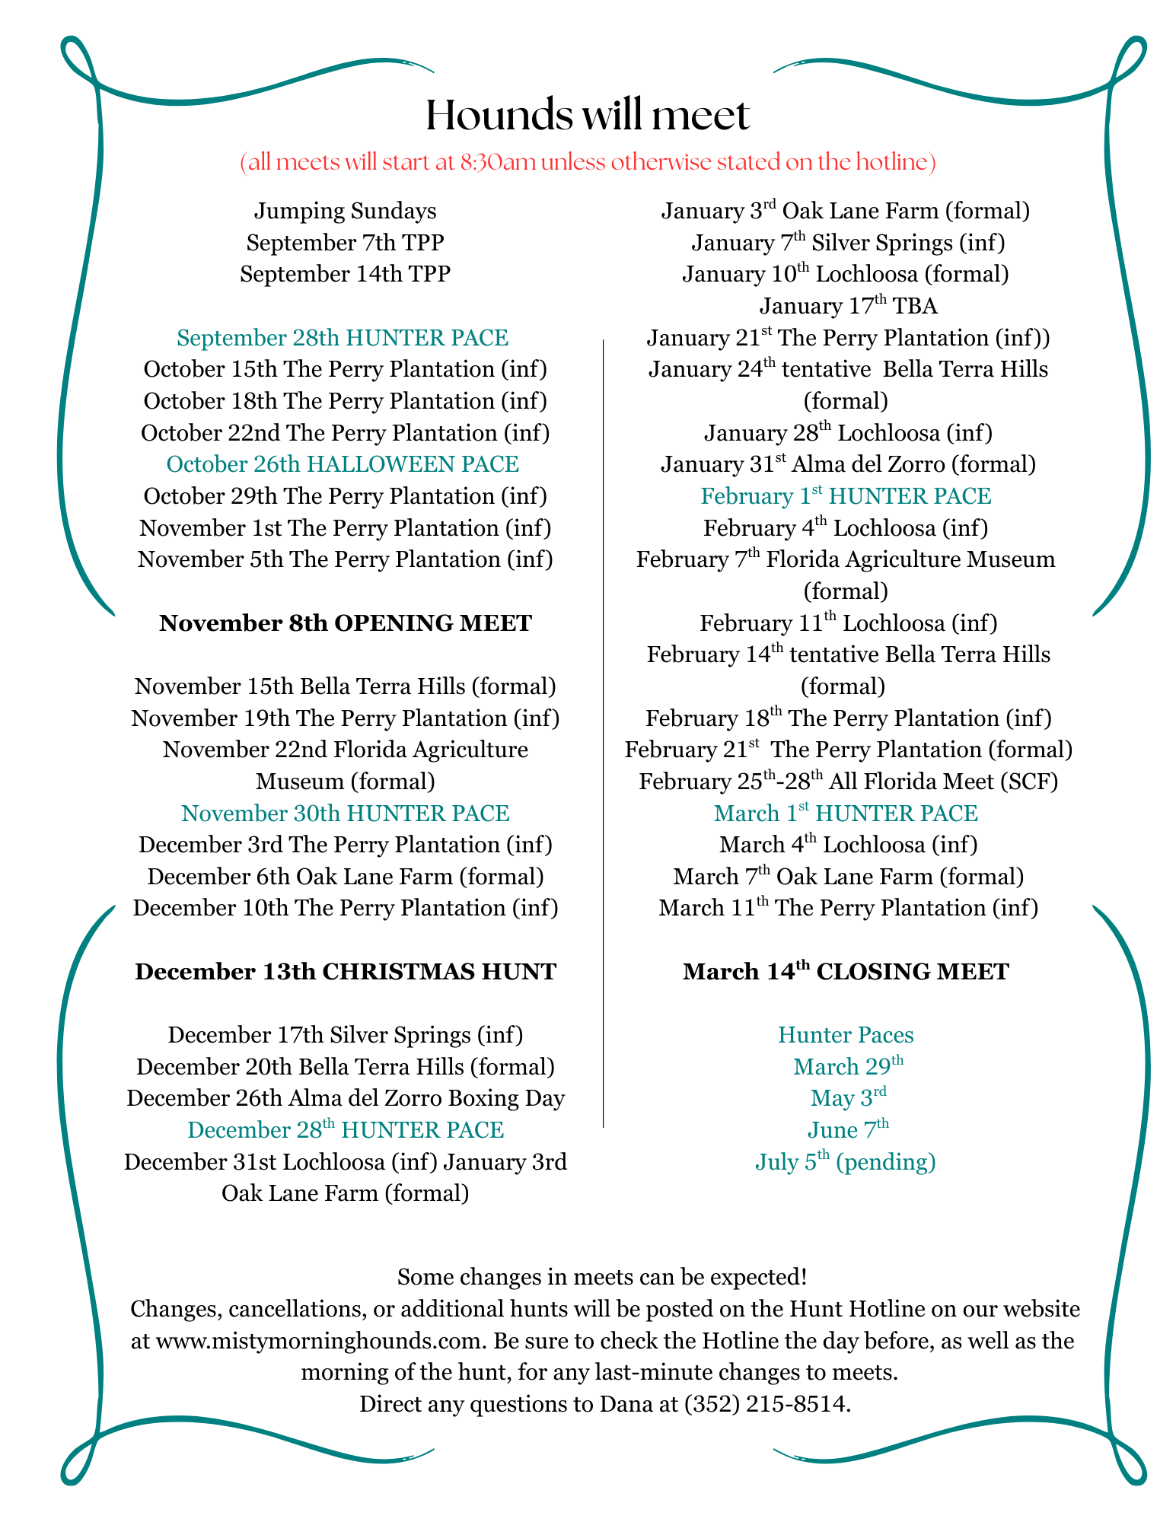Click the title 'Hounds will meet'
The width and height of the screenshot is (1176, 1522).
coord(587,116)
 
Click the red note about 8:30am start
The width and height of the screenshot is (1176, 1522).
coord(587,162)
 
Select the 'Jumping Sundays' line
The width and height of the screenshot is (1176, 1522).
coord(345,211)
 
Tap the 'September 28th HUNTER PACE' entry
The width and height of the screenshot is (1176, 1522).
coord(343,338)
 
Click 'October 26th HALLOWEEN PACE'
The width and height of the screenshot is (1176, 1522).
coord(343,464)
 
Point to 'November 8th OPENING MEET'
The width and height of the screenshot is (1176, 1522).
coord(345,623)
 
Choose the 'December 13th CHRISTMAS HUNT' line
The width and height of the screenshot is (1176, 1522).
coord(345,972)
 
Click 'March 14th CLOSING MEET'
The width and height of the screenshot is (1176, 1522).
coord(845,972)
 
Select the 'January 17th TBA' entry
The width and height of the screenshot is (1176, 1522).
coord(848,306)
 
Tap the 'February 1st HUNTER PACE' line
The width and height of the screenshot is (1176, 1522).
coord(845,496)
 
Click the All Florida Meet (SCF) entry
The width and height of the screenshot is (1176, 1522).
coord(848,782)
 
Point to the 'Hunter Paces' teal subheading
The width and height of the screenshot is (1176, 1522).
coord(845,1035)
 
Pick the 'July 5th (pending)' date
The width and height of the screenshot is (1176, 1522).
coord(845,1162)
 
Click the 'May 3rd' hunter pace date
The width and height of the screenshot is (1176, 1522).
coord(848,1098)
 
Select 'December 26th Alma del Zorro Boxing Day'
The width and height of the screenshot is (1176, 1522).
coord(345,1099)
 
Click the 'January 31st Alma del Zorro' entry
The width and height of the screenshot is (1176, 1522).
coord(848,464)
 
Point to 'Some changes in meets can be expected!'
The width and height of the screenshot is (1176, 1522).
coord(601,1276)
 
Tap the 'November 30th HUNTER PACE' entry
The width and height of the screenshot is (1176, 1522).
coord(345,814)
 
